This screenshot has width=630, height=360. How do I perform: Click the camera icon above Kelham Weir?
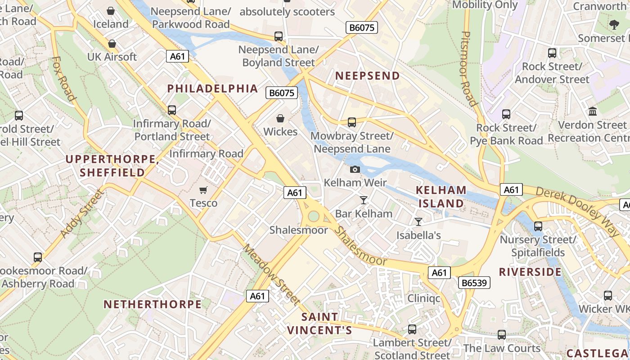click(355, 170)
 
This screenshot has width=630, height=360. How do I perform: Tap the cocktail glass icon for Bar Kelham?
click(364, 200)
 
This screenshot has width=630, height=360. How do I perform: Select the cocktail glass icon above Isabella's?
click(418, 221)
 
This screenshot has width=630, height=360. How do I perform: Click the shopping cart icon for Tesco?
click(203, 190)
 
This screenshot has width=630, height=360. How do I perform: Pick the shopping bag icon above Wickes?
click(280, 118)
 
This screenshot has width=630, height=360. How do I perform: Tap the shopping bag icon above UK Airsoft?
click(112, 44)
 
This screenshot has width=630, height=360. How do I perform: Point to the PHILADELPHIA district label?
click(212, 88)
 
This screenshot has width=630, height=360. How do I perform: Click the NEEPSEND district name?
click(368, 76)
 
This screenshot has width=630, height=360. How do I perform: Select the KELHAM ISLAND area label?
click(441, 197)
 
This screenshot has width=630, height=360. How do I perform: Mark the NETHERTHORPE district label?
click(153, 304)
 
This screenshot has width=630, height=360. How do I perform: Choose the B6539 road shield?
click(474, 283)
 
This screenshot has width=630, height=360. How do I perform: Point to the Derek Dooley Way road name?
click(577, 211)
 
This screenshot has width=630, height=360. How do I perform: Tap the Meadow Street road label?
click(271, 274)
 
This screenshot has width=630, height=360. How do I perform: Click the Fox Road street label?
click(63, 78)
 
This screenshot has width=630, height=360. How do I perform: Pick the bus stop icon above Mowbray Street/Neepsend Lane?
click(352, 122)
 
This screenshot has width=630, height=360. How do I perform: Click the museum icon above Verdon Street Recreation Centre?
click(593, 111)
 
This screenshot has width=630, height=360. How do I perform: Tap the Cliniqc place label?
click(423, 298)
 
